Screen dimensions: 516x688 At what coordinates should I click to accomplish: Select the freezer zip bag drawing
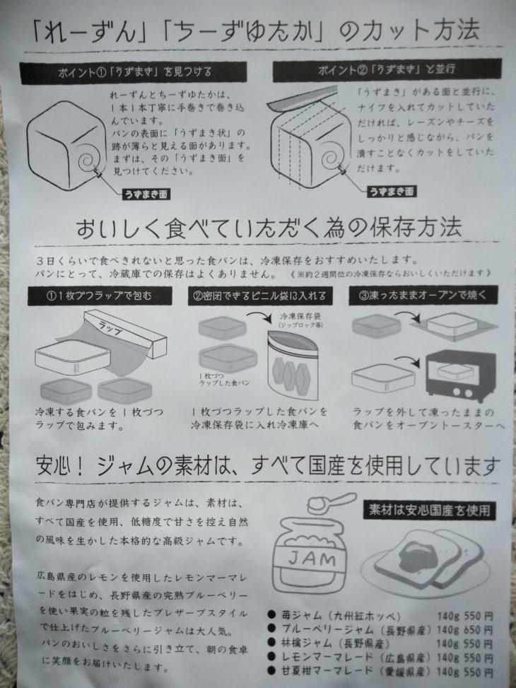tap(293, 365)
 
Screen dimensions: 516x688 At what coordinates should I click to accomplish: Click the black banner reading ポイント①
tap(133, 73)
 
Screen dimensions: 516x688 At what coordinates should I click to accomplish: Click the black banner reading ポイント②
tap(387, 70)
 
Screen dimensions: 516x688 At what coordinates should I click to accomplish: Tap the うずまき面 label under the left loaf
tap(146, 194)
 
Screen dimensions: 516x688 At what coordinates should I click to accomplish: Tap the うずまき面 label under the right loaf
tap(392, 192)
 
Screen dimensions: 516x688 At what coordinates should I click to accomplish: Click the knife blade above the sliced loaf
tap(301, 98)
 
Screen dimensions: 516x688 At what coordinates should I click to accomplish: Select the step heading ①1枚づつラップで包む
tap(100, 296)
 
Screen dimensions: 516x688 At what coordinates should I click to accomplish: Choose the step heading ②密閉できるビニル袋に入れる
tap(259, 296)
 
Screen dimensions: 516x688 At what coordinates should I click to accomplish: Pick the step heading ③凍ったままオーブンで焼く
tap(423, 295)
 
